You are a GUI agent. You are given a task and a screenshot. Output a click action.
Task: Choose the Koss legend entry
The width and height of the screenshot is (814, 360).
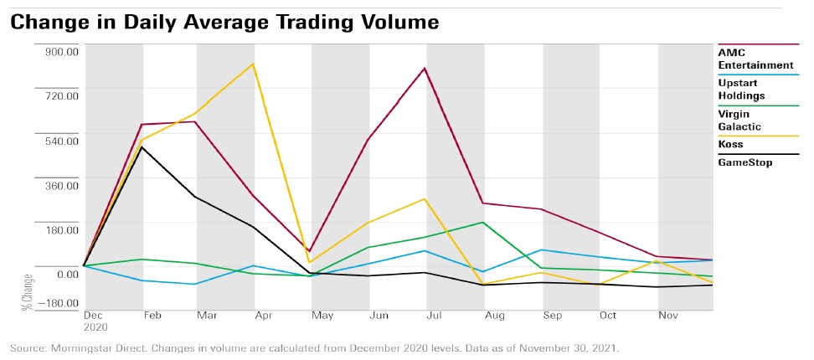tap(730, 144)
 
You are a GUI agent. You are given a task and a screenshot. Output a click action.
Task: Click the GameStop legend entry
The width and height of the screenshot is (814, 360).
tap(744, 162)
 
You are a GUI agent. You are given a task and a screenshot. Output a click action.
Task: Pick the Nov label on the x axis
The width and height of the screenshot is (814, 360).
tap(667, 316)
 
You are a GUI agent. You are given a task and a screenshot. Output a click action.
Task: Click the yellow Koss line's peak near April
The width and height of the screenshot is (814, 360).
tap(253, 64)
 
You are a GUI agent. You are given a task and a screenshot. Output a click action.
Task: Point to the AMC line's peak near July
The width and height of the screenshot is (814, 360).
tap(425, 68)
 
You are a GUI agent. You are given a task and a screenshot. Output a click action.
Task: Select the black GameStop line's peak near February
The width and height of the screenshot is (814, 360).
tap(142, 147)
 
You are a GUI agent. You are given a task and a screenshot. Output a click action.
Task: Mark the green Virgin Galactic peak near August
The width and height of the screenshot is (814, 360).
tap(483, 222)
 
